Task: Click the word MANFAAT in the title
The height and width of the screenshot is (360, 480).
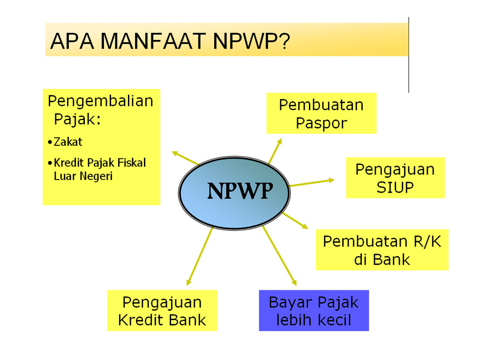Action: [153, 41]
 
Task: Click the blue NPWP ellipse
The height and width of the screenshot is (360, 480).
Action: [234, 193]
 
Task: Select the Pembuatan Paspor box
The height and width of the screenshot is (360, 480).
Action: [322, 113]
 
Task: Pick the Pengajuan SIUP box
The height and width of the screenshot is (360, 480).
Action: [395, 178]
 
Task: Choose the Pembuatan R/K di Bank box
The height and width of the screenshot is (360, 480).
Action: [382, 250]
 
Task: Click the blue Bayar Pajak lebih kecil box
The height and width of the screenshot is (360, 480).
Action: [314, 310]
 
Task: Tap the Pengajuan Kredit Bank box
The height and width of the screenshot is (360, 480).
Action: [162, 310]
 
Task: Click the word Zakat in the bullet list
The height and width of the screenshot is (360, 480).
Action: [68, 142]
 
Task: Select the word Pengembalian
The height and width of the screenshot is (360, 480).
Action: [100, 101]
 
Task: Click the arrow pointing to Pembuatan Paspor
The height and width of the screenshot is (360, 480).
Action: [275, 151]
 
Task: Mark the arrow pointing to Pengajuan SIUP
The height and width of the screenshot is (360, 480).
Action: [312, 183]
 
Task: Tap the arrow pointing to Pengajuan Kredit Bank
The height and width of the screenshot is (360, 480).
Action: [200, 256]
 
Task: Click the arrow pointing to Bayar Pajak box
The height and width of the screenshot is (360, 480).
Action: [279, 256]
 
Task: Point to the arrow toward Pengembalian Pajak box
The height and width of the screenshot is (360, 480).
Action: [186, 158]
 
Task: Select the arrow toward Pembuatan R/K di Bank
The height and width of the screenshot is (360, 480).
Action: [295, 221]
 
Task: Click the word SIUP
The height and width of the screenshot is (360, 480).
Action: [395, 187]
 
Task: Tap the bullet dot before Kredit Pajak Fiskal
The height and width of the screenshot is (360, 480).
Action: [50, 163]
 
